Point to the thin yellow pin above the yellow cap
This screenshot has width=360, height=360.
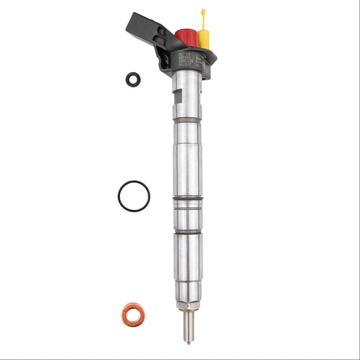click(202, 16)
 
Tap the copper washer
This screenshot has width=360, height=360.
click(133, 313)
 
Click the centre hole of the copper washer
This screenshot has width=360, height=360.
click(133, 313)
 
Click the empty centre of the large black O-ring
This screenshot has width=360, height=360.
click(133, 196)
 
